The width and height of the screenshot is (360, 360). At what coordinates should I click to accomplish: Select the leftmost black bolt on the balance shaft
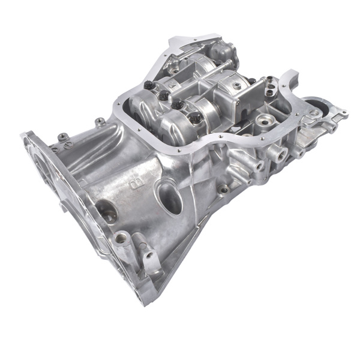[147, 85]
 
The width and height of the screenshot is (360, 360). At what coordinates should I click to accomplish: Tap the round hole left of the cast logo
[107, 211]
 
